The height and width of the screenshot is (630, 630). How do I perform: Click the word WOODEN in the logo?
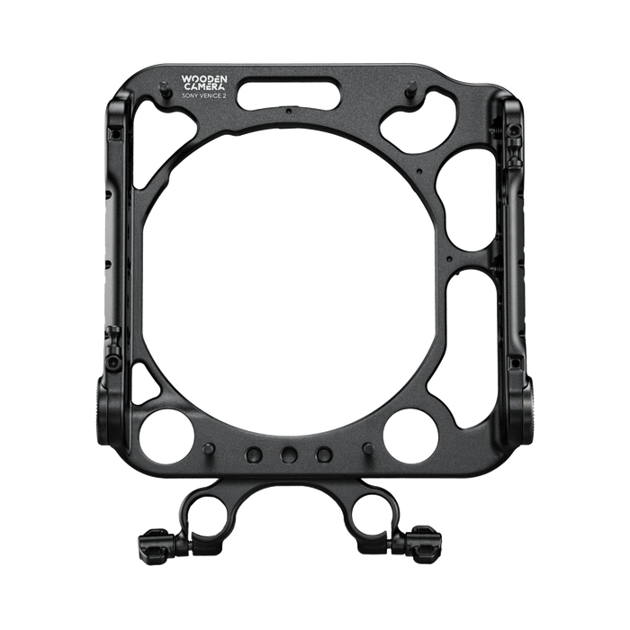click(x=204, y=79)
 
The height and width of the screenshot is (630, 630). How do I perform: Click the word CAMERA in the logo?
click(x=204, y=86)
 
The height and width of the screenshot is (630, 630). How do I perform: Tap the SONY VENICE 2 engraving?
click(x=203, y=95)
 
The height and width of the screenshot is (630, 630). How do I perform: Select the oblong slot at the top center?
click(x=289, y=94)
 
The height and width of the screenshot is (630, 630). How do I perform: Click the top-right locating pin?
click(x=412, y=87)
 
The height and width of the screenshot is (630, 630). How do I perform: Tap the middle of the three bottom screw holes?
click(x=289, y=454)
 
